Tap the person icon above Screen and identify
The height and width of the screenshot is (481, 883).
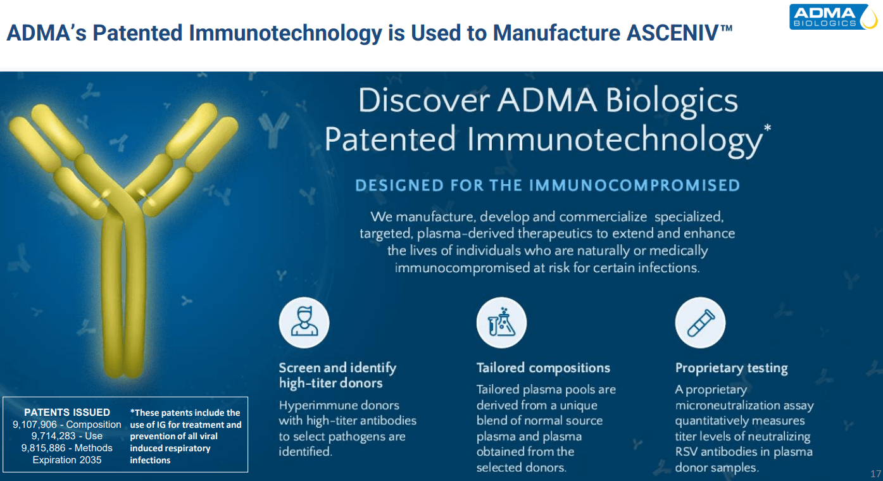(304, 323)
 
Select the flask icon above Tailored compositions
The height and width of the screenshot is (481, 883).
(501, 323)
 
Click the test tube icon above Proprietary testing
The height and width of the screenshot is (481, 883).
(700, 323)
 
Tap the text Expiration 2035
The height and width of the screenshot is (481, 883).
(67, 460)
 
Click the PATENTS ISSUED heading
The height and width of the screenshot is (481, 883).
(67, 413)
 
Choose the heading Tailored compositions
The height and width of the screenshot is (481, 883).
(543, 368)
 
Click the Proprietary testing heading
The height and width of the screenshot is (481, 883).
(731, 368)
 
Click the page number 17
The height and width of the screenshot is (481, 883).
(875, 474)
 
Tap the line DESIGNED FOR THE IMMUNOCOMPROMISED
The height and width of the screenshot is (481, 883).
(548, 185)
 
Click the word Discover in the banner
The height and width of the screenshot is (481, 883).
(423, 101)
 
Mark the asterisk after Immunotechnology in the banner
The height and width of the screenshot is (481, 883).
(767, 129)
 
